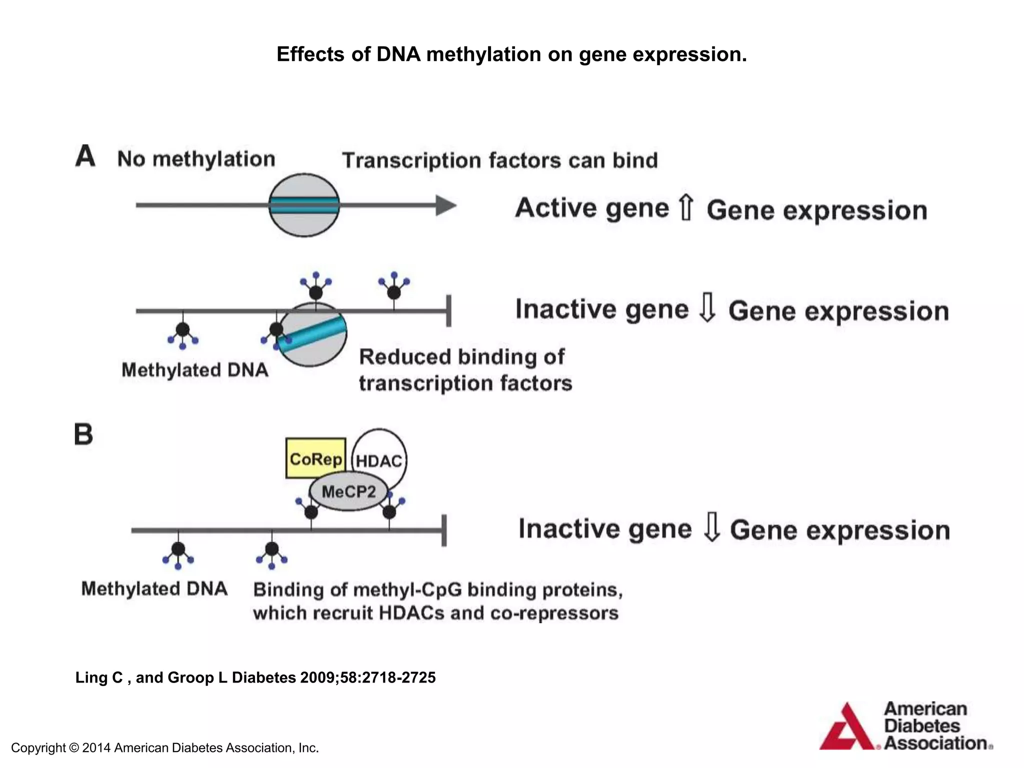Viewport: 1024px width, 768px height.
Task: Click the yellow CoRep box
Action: click(315, 458)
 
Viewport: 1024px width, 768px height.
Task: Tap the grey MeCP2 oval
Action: click(348, 492)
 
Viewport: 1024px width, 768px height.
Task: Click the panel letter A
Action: click(85, 156)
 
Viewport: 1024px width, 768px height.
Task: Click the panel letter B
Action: click(84, 434)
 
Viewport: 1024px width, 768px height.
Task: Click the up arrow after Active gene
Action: click(686, 208)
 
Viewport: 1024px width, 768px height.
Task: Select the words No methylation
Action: click(196, 159)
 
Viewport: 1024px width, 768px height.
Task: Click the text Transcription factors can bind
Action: click(499, 160)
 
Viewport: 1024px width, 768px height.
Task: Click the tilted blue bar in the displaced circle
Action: click(313, 333)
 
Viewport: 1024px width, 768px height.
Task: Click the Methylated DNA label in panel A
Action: click(195, 370)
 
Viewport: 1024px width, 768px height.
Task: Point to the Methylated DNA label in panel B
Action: click(154, 588)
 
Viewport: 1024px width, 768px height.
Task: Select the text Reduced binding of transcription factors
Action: click(465, 370)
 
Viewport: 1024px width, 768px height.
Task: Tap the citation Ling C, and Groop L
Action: click(255, 677)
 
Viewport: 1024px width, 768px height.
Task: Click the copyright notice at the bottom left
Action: click(165, 748)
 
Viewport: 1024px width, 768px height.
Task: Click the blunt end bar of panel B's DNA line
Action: click(444, 530)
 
